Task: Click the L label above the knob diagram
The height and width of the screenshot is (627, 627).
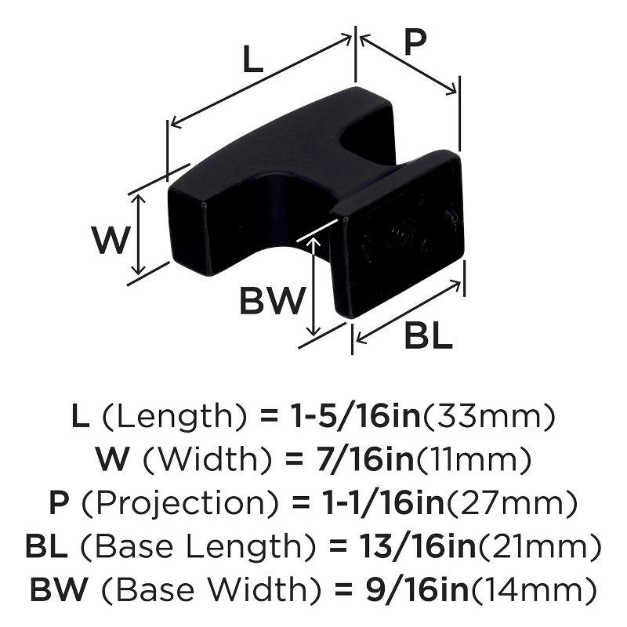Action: pyautogui.click(x=251, y=59)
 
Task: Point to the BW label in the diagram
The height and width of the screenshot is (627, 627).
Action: pyautogui.click(x=270, y=300)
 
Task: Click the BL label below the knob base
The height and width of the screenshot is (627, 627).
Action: pyautogui.click(x=429, y=337)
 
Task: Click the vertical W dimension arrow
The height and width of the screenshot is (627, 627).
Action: pyautogui.click(x=139, y=234)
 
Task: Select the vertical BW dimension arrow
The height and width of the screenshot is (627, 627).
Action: pyautogui.click(x=314, y=286)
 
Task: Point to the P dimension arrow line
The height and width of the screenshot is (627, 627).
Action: pyautogui.click(x=407, y=66)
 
